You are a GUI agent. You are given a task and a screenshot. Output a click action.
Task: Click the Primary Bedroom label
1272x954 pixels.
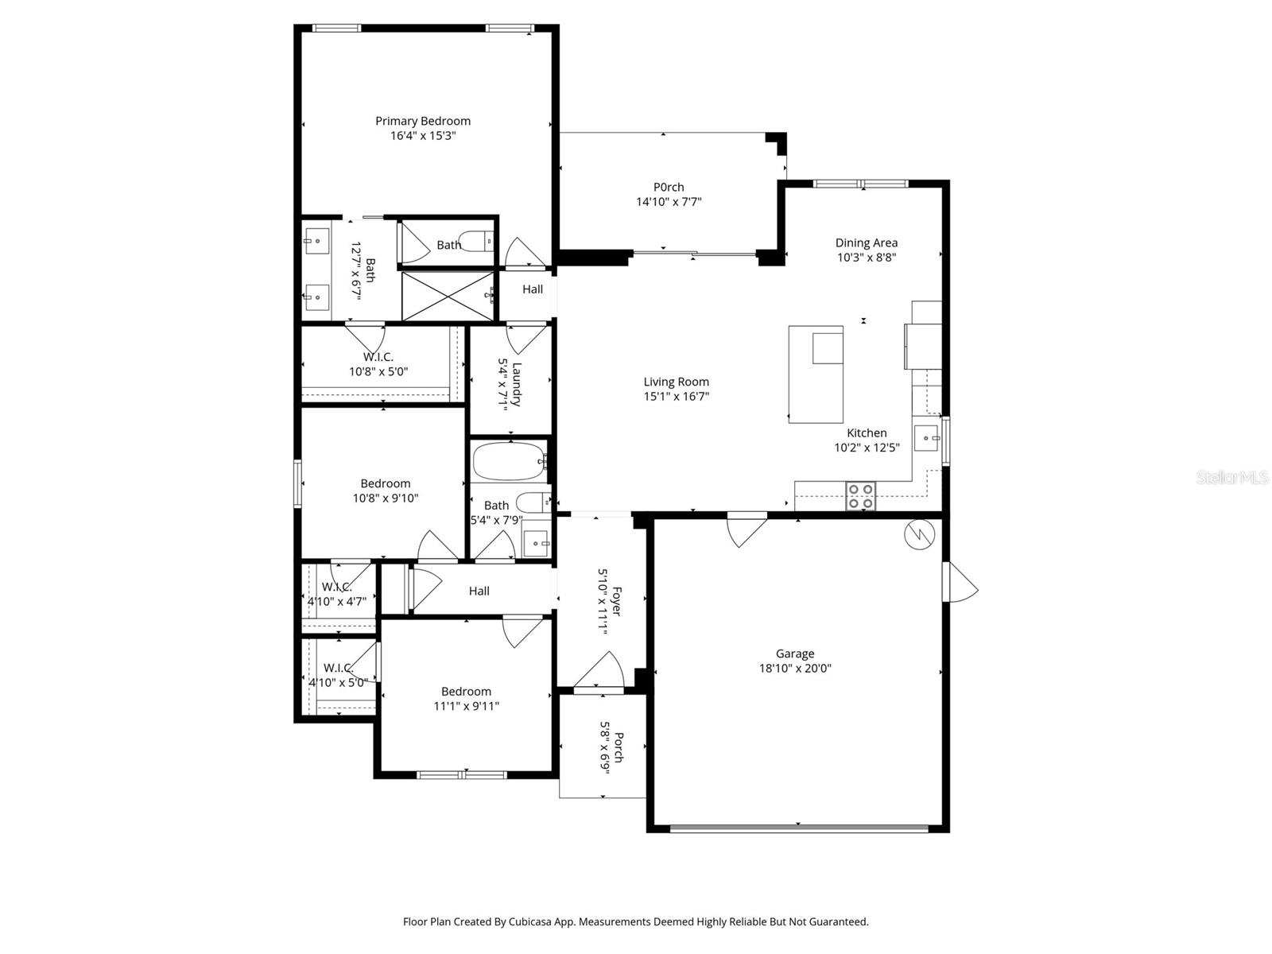(423, 121)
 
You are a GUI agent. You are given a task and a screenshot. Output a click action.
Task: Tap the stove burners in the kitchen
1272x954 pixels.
(859, 496)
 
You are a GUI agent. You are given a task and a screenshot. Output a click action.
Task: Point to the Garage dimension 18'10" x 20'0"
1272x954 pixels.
(795, 669)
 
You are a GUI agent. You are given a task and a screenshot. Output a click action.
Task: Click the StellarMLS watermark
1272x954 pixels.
(1232, 478)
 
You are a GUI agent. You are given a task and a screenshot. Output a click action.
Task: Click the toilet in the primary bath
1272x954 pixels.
(478, 241)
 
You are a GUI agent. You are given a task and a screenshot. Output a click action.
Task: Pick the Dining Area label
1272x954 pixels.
(867, 243)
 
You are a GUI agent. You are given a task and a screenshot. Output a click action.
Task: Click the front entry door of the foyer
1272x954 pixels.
(600, 672)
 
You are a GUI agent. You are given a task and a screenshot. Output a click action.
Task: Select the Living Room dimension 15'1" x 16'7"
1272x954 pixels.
(677, 396)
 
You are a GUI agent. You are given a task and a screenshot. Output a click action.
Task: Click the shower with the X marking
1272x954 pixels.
(448, 297)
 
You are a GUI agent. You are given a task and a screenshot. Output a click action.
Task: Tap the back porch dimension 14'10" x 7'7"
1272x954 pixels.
(669, 202)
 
